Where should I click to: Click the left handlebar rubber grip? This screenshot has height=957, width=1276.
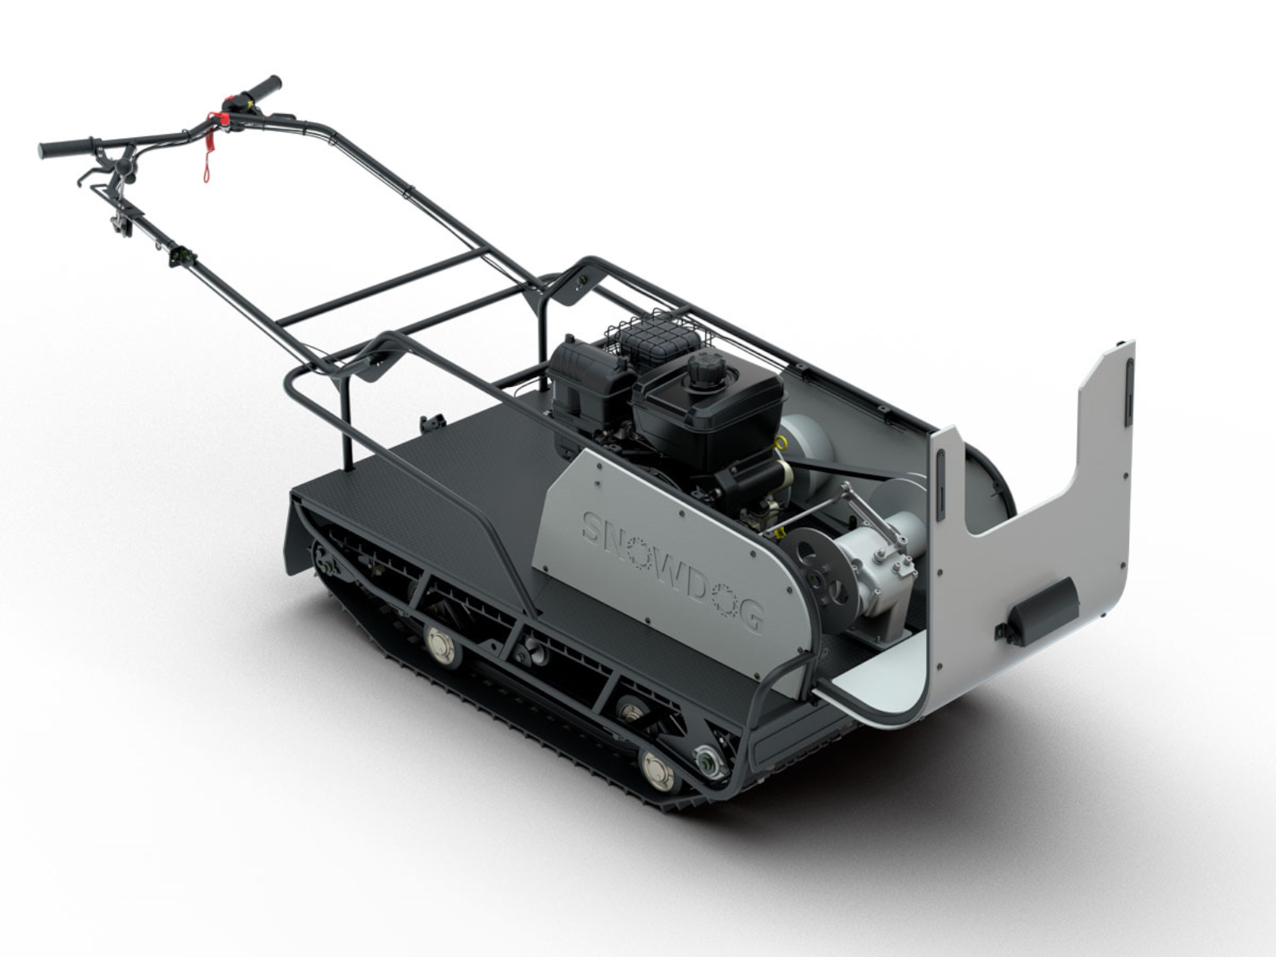[65, 148]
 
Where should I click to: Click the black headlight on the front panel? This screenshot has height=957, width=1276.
[1041, 615]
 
